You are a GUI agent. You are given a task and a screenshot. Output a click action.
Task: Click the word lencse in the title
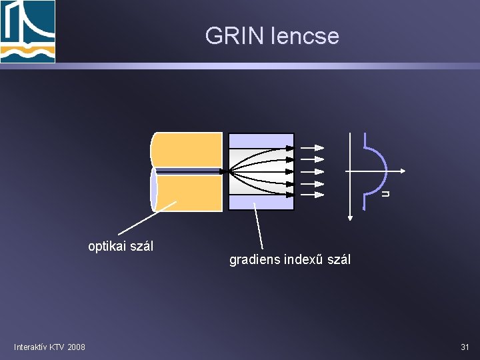pyautogui.click(x=304, y=35)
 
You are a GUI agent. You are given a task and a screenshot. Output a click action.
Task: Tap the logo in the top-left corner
pyautogui.click(x=27, y=31)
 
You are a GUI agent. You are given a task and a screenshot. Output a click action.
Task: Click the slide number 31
pyautogui.click(x=465, y=347)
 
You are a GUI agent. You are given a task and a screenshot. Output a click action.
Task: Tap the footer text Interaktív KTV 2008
pyautogui.click(x=49, y=347)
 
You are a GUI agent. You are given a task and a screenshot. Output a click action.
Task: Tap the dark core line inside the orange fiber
pyautogui.click(x=190, y=172)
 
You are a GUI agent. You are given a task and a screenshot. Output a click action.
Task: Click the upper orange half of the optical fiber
pyautogui.click(x=187, y=150)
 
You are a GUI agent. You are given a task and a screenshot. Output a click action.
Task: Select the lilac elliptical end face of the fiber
pyautogui.click(x=154, y=189)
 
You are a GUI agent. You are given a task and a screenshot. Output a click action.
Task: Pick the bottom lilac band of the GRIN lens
pyautogui.click(x=261, y=203)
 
